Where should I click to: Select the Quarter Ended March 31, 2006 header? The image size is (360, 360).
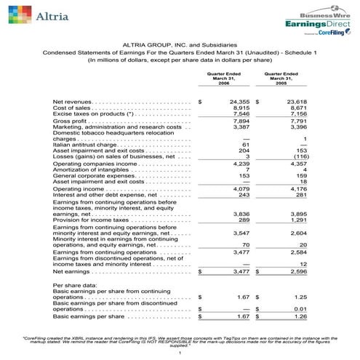point(223,79)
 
